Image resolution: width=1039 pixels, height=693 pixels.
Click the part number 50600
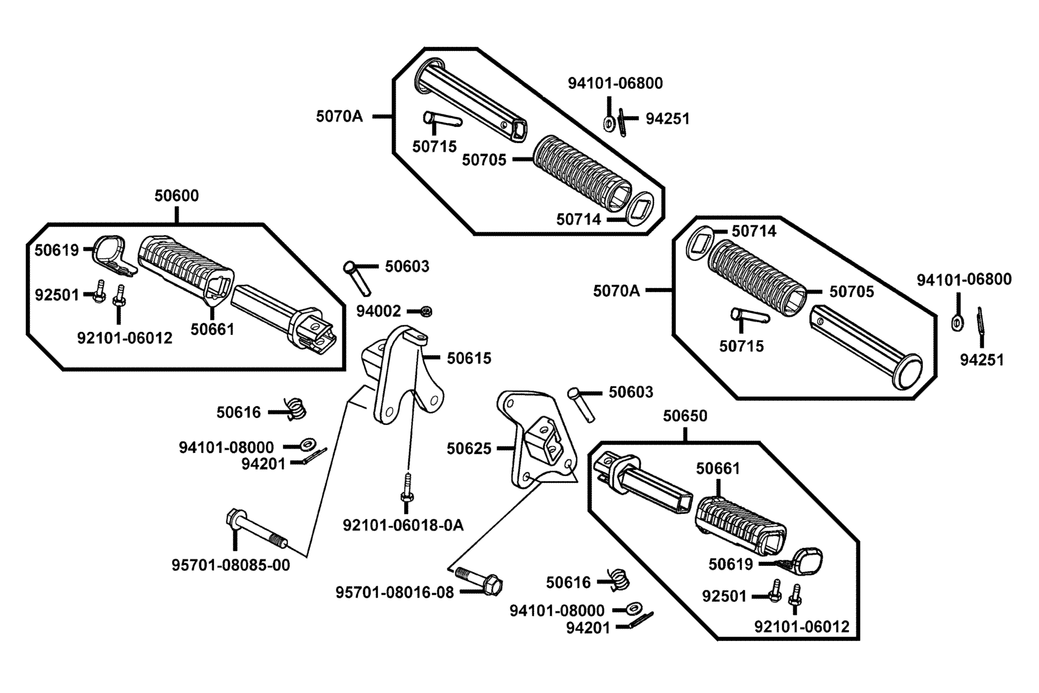pyautogui.click(x=177, y=196)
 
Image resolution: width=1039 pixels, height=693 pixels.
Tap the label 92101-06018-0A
pyautogui.click(x=403, y=525)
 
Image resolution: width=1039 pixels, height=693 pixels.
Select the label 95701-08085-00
pyautogui.click(x=231, y=564)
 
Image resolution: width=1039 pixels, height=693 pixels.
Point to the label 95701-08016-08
pyautogui.click(x=395, y=593)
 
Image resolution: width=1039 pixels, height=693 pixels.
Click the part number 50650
pyautogui.click(x=685, y=416)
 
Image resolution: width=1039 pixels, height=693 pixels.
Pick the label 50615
pyautogui.click(x=469, y=359)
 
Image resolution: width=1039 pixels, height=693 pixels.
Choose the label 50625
pyautogui.click(x=469, y=449)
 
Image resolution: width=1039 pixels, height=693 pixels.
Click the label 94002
pyautogui.click(x=378, y=311)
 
